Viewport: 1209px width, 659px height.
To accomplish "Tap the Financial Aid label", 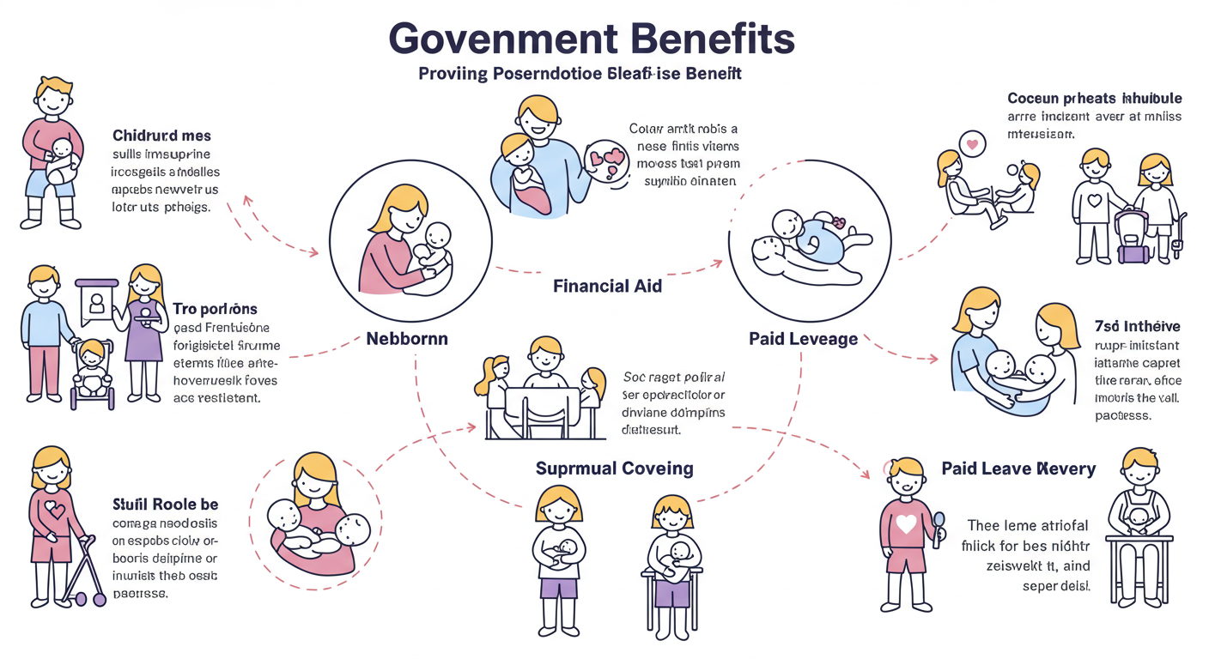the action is pyautogui.click(x=608, y=286).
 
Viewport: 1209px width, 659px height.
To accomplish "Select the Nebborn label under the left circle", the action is pyautogui.click(x=407, y=338).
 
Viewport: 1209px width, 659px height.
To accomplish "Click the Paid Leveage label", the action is pyautogui.click(x=803, y=339).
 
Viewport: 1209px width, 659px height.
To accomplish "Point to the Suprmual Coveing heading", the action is pyautogui.click(x=614, y=469).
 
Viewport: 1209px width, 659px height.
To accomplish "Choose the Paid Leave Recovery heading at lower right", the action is pyautogui.click(x=1018, y=469).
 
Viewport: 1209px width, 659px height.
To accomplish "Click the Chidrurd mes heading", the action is pyautogui.click(x=161, y=136).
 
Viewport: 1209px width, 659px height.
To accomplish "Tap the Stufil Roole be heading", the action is pyautogui.click(x=165, y=504).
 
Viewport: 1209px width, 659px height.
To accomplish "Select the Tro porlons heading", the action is pyautogui.click(x=215, y=308).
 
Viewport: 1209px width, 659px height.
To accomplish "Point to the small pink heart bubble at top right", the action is pyautogui.click(x=971, y=143).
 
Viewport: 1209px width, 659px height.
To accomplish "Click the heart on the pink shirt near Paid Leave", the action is pyautogui.click(x=906, y=524).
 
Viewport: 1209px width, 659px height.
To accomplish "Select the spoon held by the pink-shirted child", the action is pyautogui.click(x=939, y=520).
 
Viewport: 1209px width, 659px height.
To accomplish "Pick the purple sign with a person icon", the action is pyautogui.click(x=96, y=299).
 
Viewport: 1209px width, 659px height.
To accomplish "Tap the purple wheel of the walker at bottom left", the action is pyautogui.click(x=99, y=599).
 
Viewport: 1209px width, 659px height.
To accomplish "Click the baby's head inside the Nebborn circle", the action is pyautogui.click(x=438, y=235).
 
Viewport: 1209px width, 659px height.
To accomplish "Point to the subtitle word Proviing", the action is pyautogui.click(x=453, y=74).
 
